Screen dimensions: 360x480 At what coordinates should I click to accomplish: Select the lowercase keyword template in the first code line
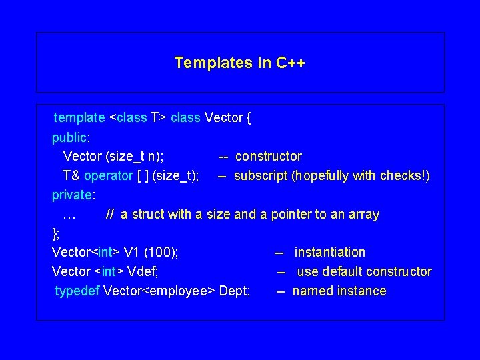coord(79,118)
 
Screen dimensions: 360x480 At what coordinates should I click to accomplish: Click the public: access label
coord(71,137)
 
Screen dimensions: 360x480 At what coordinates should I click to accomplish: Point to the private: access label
coord(73,195)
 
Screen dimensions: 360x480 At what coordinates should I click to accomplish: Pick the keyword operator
coord(108,176)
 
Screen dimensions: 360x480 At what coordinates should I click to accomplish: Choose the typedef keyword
coord(77,291)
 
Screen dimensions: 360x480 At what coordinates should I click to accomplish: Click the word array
coord(363,215)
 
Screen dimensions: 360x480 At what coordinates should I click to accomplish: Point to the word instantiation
coord(330,253)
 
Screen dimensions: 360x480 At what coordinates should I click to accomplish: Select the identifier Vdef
coord(141,272)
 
